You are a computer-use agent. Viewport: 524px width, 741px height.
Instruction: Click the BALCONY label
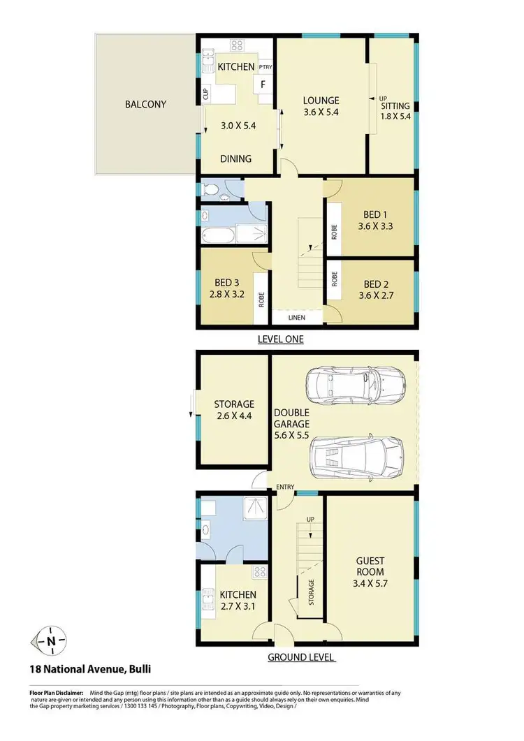(x=145, y=105)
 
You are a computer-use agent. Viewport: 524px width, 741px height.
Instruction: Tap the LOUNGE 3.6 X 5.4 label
(x=321, y=105)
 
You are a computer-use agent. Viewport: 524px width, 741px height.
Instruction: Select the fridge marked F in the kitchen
(x=263, y=85)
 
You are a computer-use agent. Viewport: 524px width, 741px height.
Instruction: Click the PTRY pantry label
(x=265, y=67)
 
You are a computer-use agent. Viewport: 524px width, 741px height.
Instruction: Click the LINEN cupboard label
(x=297, y=318)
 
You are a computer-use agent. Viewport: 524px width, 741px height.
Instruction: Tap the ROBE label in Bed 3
(x=261, y=300)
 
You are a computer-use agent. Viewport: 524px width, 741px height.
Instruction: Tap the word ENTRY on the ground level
(x=286, y=487)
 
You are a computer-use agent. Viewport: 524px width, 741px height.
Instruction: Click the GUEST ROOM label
(x=370, y=566)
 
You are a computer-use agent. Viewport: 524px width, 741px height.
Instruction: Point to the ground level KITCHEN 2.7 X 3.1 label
(x=238, y=600)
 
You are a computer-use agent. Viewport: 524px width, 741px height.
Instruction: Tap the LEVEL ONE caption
(x=281, y=339)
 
